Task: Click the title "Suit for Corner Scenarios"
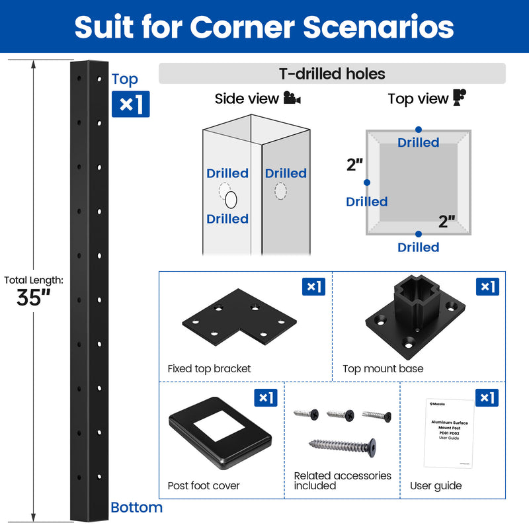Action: click(264, 26)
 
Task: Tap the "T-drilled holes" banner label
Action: click(332, 74)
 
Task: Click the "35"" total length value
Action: click(34, 298)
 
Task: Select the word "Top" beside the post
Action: click(125, 79)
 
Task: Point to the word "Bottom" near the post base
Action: click(136, 508)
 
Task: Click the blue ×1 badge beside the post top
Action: click(130, 104)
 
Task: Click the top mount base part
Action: click(414, 317)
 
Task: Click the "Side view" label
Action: click(247, 99)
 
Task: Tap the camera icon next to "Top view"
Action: click(460, 98)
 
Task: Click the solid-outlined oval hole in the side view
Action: click(231, 200)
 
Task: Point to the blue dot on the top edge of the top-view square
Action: click(418, 130)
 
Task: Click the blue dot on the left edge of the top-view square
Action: click(367, 183)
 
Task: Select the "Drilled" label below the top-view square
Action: click(418, 247)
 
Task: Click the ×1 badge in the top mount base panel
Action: click(487, 286)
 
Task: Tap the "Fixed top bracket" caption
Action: click(209, 369)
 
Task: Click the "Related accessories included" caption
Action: click(343, 481)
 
